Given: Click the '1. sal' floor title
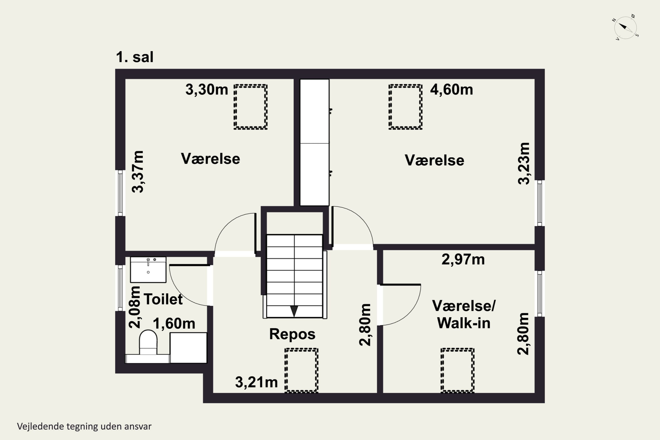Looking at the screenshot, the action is tap(134, 57).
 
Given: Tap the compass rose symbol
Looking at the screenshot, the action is tap(625, 28).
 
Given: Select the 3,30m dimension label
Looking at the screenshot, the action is tap(207, 90).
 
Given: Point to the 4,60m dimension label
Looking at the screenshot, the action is tap(451, 90).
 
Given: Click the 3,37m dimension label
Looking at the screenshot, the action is tap(138, 172).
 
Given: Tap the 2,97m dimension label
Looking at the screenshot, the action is tap(463, 259).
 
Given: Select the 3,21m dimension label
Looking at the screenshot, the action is tap(256, 382).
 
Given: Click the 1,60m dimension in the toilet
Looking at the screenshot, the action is tap(174, 324).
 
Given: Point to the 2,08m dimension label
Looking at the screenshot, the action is tap(135, 307).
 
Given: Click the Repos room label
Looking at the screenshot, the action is tap(292, 334).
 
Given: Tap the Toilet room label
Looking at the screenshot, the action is tap(163, 299).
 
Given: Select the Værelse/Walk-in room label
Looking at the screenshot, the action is tap(464, 314).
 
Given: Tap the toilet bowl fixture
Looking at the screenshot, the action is tap(148, 343).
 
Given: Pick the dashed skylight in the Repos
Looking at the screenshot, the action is tap(301, 370).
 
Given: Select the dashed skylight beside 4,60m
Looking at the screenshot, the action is tap(405, 107).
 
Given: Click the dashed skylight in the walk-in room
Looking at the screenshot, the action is tap(457, 370).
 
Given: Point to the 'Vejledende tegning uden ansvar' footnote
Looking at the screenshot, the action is tap(84, 427).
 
